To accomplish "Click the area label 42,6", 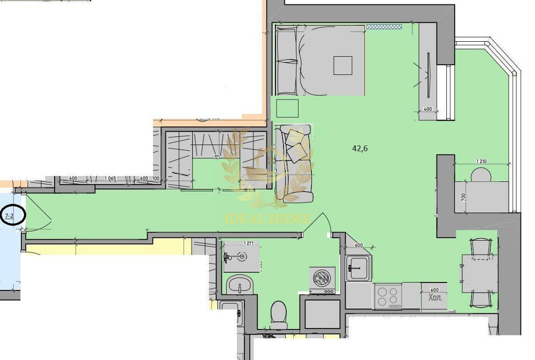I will pos(360,149).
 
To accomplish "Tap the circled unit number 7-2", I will pos(9,217).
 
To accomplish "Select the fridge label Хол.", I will pos(434,298).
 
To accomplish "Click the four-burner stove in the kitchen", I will pos(388,297).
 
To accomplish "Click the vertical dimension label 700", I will pos(463,197).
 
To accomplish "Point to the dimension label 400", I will pos(427,109).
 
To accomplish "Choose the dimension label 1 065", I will pos(111,179).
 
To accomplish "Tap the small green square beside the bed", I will pos(287,108).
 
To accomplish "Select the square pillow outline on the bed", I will pos(343,65).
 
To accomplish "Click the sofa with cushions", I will pos(293,163).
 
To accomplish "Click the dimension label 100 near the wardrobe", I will pos(156,179).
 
